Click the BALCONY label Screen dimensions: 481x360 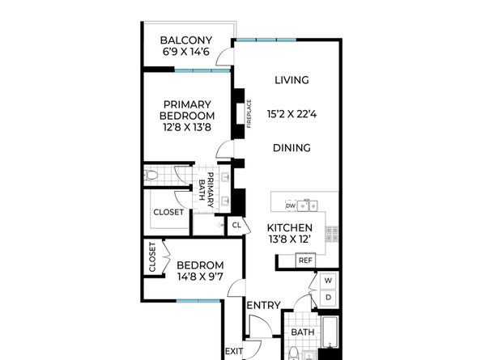186,40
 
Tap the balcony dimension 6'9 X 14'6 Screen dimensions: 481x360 186,52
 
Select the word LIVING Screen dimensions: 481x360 292,80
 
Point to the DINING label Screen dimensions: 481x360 292,148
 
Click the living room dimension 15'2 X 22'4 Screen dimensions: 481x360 292,114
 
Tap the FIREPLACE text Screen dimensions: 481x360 249,113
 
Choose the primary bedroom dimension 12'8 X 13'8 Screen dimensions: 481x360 187,127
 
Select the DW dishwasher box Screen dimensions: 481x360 291,205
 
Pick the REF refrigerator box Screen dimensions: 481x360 305,260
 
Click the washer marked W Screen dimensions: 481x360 328,281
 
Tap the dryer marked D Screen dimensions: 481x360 328,298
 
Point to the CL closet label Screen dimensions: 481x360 236,226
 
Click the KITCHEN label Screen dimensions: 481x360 290,227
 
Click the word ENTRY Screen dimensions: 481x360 263,306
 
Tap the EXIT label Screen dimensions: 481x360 234,351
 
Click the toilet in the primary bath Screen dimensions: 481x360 151,176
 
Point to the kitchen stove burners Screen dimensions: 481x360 332,234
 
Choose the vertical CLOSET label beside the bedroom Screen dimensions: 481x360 152,257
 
